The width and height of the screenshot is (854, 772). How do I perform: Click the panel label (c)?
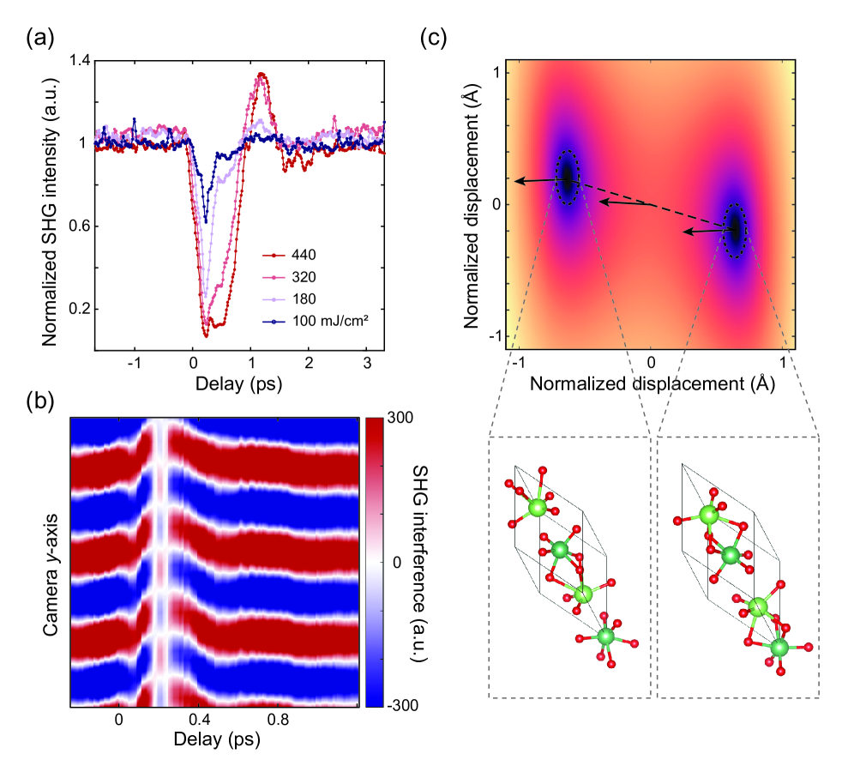[x=435, y=37]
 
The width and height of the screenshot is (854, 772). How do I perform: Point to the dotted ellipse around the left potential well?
[x=567, y=178]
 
